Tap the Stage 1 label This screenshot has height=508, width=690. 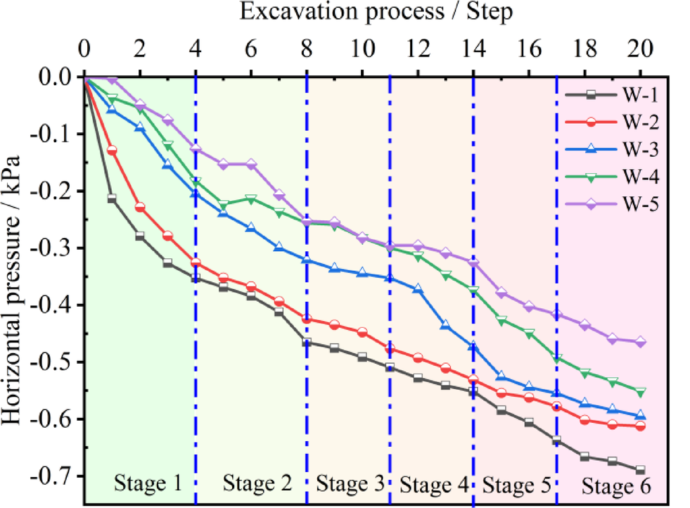coord(148,483)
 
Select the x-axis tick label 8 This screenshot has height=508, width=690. coord(307,51)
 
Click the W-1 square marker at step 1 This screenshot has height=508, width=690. coord(112,199)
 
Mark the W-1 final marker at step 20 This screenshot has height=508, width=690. coord(641,470)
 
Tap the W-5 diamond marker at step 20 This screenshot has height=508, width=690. coord(641,342)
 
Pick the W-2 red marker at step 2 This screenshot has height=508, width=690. coord(140,208)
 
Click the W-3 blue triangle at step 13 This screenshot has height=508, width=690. coord(445,325)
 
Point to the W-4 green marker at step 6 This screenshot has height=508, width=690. coord(251,199)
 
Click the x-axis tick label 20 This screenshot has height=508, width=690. coord(639,51)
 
